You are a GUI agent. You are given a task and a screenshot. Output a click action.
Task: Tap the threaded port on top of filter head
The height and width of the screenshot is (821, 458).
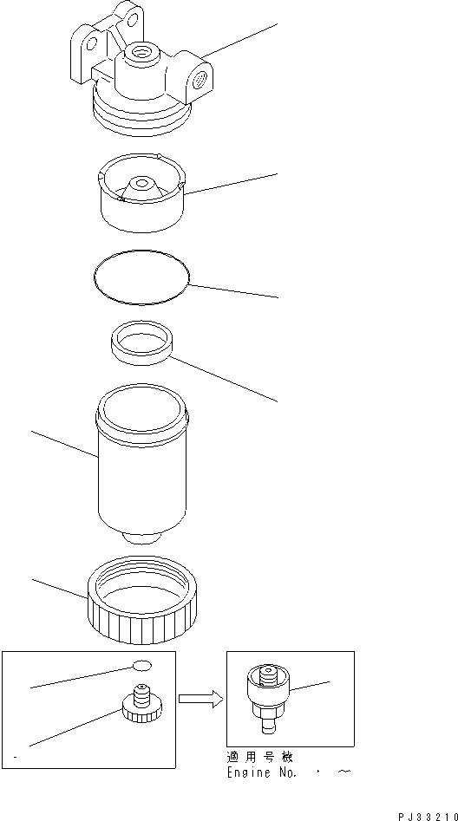pos(140,55)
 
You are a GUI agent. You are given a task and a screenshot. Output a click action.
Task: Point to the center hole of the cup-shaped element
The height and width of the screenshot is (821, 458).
pos(140,183)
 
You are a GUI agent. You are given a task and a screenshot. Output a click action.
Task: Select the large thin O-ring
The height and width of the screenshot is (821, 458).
pos(141,277)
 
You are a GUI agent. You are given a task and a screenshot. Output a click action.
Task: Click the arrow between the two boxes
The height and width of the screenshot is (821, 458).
pos(199,698)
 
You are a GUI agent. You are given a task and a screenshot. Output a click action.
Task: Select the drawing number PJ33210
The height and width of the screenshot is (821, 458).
pos(428,815)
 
